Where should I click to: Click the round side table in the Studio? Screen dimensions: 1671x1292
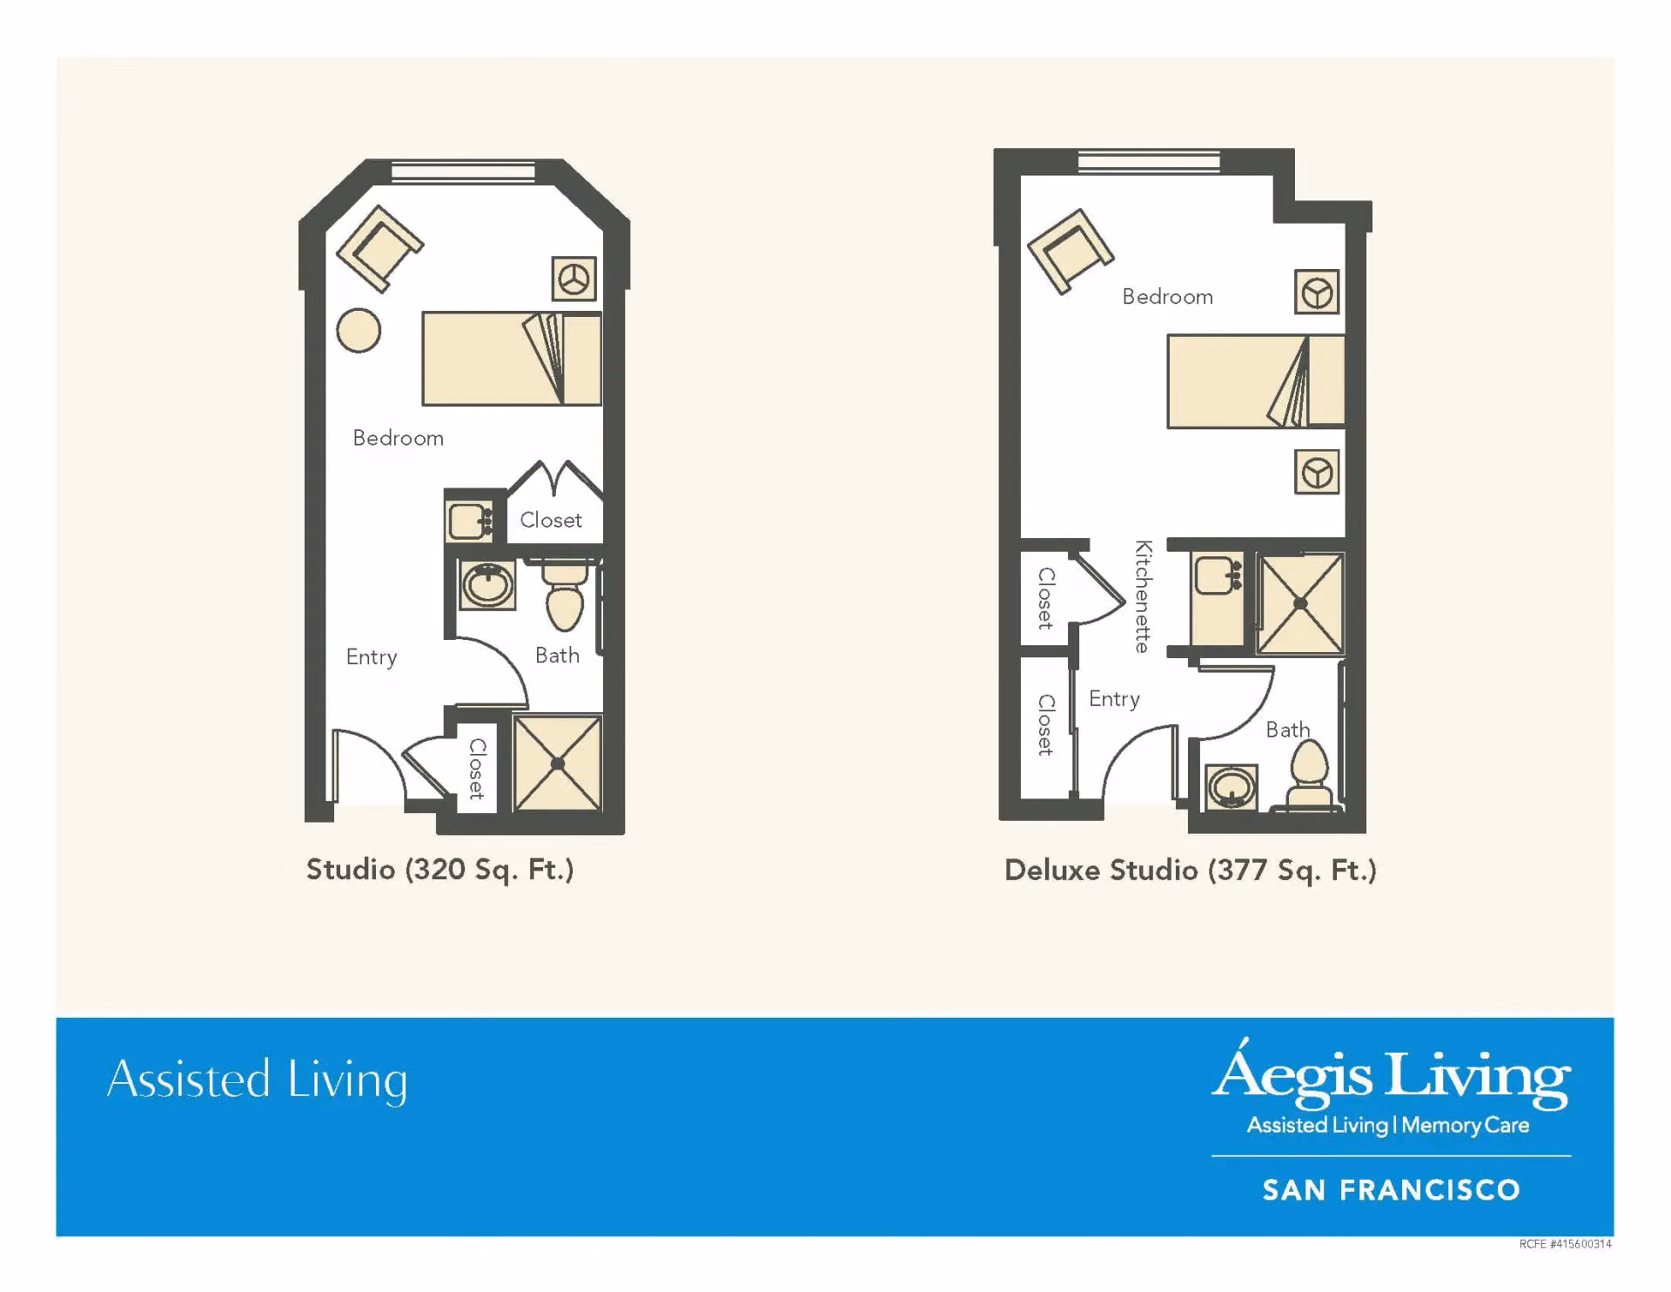[359, 331]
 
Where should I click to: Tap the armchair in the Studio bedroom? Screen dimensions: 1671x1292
[379, 248]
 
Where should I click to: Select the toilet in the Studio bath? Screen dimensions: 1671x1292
[565, 596]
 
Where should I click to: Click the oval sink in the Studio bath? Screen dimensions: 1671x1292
[487, 584]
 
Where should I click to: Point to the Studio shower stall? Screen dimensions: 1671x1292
[558, 764]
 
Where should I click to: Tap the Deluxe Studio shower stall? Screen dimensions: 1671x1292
[1300, 603]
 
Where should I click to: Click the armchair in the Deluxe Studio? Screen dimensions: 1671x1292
[1070, 252]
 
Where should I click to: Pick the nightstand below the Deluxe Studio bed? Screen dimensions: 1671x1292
[1317, 473]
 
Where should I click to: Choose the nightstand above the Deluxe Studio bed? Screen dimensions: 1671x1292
[1317, 293]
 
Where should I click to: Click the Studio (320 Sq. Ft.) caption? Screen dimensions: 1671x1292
[440, 870]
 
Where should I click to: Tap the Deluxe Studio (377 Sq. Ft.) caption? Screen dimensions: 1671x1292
[1191, 871]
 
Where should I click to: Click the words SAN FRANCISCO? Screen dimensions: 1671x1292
[1392, 1190]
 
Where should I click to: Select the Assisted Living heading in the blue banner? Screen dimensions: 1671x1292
[258, 1080]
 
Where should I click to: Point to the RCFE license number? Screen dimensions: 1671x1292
[1565, 1244]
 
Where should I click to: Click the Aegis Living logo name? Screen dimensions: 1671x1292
[1392, 1074]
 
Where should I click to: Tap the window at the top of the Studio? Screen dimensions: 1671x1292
[463, 172]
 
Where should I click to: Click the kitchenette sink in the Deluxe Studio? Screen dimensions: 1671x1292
[1218, 575]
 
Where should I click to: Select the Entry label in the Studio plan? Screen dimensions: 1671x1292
[372, 657]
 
